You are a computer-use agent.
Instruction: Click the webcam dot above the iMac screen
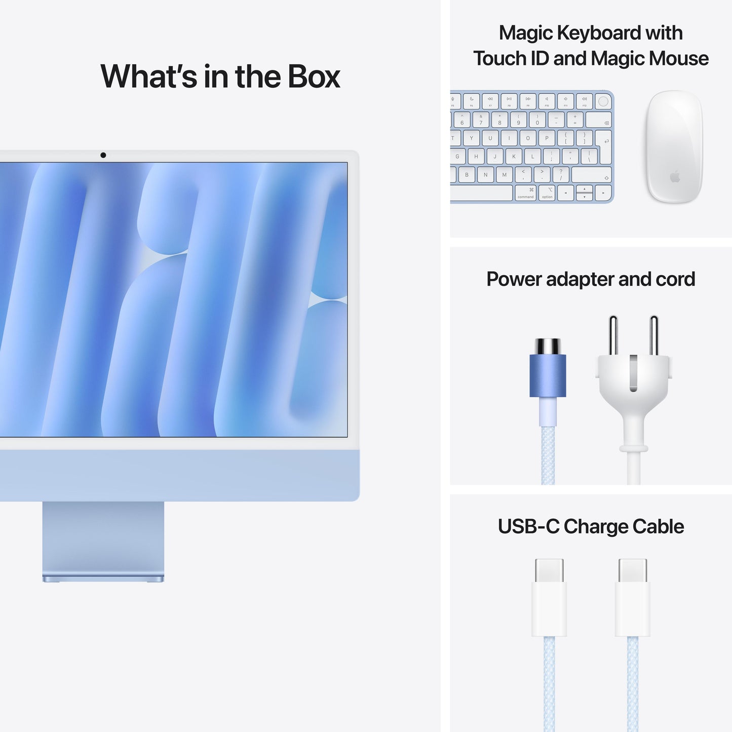coord(103,155)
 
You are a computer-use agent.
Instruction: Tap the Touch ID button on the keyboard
coord(603,101)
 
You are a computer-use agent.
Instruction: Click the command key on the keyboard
coord(525,193)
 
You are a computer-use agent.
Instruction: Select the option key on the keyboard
coord(547,193)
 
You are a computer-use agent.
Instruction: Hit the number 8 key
coord(499,120)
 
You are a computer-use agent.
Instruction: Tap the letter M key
coord(504,175)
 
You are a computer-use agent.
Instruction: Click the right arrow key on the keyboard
coord(603,193)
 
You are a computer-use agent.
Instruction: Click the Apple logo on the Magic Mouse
coord(674,177)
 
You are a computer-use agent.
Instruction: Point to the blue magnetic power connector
coord(548,375)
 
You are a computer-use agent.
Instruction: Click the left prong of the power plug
coord(613,335)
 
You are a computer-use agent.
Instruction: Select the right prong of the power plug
coord(654,335)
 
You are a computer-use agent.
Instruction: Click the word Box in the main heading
coord(314,77)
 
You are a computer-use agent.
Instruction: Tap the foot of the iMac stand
coord(103,578)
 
